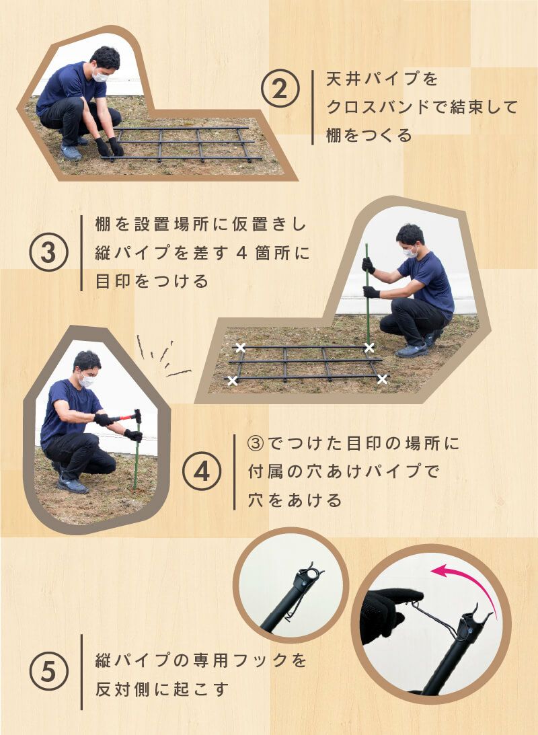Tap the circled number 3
[49, 253]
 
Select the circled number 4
[201, 473]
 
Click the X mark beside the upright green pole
[369, 347]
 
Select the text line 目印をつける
[153, 281]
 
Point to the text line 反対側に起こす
[163, 689]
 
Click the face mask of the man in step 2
[101, 76]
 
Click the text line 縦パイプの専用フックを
[202, 660]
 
